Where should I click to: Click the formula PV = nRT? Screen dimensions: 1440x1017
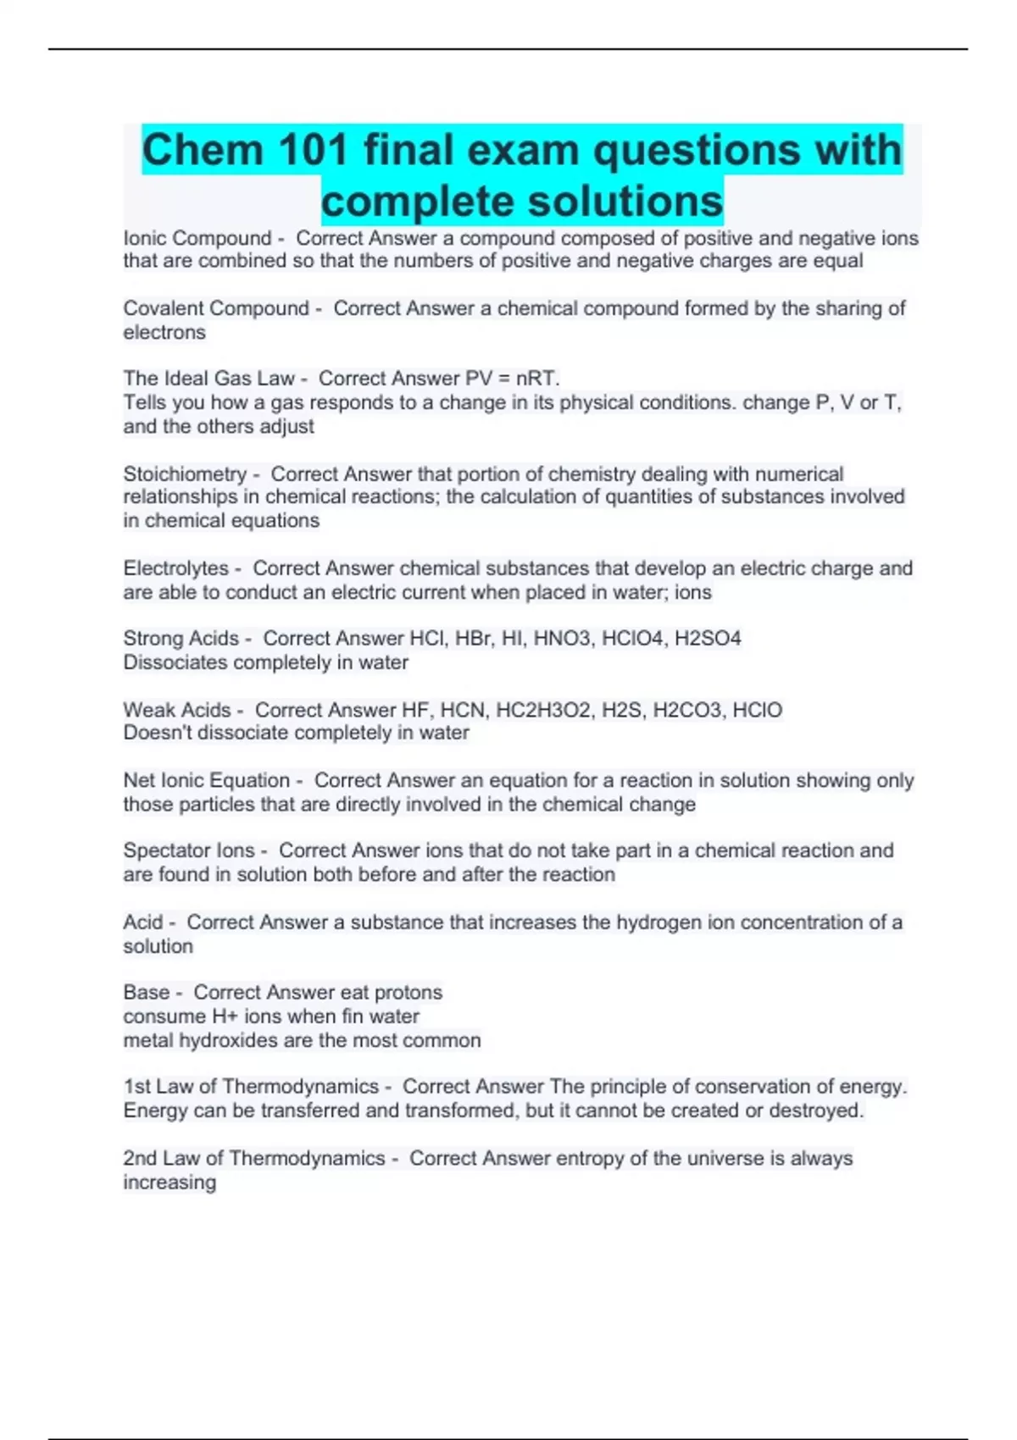click(x=512, y=378)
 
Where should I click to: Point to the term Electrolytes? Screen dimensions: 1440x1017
click(x=176, y=568)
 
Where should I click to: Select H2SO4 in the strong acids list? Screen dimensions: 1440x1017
click(x=708, y=638)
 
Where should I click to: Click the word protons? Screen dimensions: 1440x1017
click(x=408, y=992)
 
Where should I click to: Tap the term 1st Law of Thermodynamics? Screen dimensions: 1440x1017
click(x=251, y=1086)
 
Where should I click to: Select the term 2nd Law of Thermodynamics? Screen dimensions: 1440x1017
click(x=254, y=1158)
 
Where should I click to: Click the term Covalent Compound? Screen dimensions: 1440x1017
click(x=216, y=308)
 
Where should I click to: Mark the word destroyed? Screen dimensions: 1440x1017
click(x=816, y=1110)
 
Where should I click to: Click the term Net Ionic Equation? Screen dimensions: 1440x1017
click(x=207, y=780)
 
